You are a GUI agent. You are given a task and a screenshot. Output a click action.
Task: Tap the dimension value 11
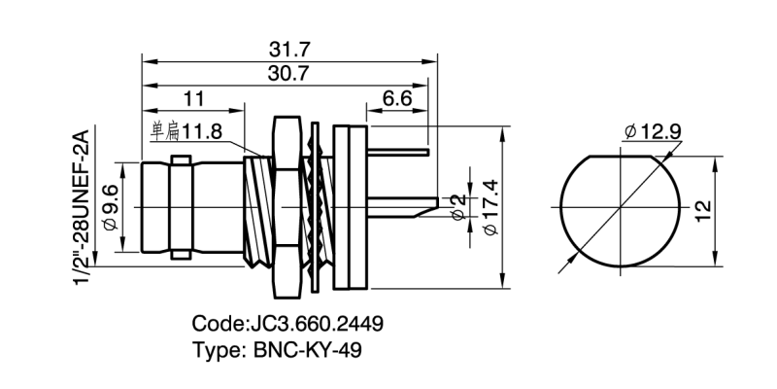pos(192,97)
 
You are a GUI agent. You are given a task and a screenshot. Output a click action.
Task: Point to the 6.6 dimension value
pos(398,97)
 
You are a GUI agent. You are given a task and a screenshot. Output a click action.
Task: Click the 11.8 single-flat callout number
pos(203,129)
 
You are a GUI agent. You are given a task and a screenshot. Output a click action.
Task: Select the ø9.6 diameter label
pos(110,206)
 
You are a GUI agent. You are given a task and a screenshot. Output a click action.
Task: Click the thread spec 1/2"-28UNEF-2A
pos(82,206)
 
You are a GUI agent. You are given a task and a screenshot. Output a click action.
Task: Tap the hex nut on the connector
pos(286,206)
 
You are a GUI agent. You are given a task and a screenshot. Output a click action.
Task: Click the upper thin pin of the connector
pos(398,152)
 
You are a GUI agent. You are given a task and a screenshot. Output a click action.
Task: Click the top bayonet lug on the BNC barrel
pos(181,159)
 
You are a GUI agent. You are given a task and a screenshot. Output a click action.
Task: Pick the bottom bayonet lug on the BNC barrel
pos(181,255)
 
